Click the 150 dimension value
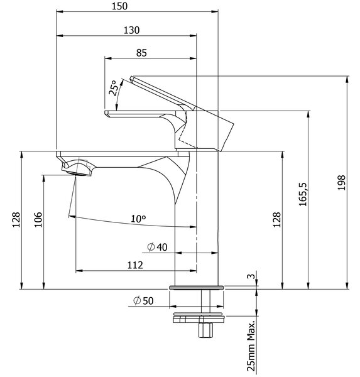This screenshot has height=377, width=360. point(119,6)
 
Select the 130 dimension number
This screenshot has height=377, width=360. point(131,31)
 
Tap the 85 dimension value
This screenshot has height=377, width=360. point(141,53)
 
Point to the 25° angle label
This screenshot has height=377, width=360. point(114,88)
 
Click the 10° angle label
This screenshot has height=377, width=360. point(138,219)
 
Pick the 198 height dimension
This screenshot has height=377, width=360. point(341,183)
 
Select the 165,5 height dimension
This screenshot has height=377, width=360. point(303,194)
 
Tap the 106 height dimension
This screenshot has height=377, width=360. point(38,219)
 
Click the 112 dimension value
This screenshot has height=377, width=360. point(135,265)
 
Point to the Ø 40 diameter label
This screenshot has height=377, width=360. point(157,247)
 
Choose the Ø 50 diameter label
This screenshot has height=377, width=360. point(143,300)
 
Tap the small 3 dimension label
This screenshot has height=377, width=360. point(251,276)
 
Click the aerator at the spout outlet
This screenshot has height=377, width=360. point(77,173)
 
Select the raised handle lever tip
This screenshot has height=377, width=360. point(131,78)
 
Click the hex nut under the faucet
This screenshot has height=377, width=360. point(206,331)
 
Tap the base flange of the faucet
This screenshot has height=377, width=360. point(197,288)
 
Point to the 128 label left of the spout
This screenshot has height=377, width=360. point(16,219)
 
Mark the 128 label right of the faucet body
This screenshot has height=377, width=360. point(277,219)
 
